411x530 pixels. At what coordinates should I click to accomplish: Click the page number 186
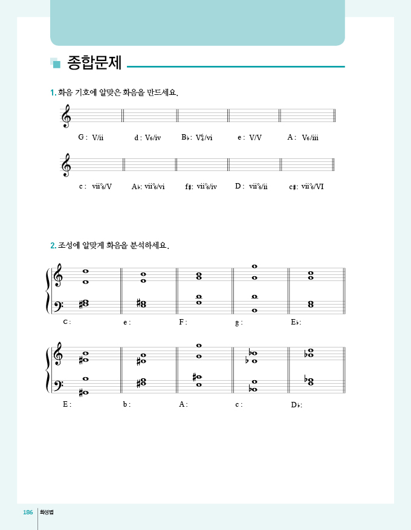[x=27, y=512]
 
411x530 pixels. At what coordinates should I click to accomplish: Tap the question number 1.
[x=53, y=92]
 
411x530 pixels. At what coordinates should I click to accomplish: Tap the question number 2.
[x=53, y=246]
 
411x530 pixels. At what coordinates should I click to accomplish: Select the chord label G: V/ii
[x=91, y=138]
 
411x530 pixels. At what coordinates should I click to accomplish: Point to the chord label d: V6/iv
[x=147, y=138]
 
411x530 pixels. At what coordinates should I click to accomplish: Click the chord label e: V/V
[x=250, y=138]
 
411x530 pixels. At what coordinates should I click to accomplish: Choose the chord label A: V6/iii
[x=303, y=138]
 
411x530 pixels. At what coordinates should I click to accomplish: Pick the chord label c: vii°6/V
[x=95, y=186]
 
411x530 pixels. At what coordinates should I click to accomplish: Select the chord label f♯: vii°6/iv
[x=201, y=186]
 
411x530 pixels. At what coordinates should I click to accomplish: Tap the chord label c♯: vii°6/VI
[x=306, y=186]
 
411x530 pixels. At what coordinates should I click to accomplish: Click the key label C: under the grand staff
[x=67, y=322]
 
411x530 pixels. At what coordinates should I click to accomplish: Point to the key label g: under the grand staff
[x=239, y=322]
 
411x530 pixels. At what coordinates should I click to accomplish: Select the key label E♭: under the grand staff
[x=296, y=322]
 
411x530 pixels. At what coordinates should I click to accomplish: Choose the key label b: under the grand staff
[x=126, y=404]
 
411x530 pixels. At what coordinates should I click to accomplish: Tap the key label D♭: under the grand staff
[x=296, y=404]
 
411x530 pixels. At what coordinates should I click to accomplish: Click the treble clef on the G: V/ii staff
[x=66, y=116]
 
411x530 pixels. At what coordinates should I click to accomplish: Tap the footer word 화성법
[x=47, y=512]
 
